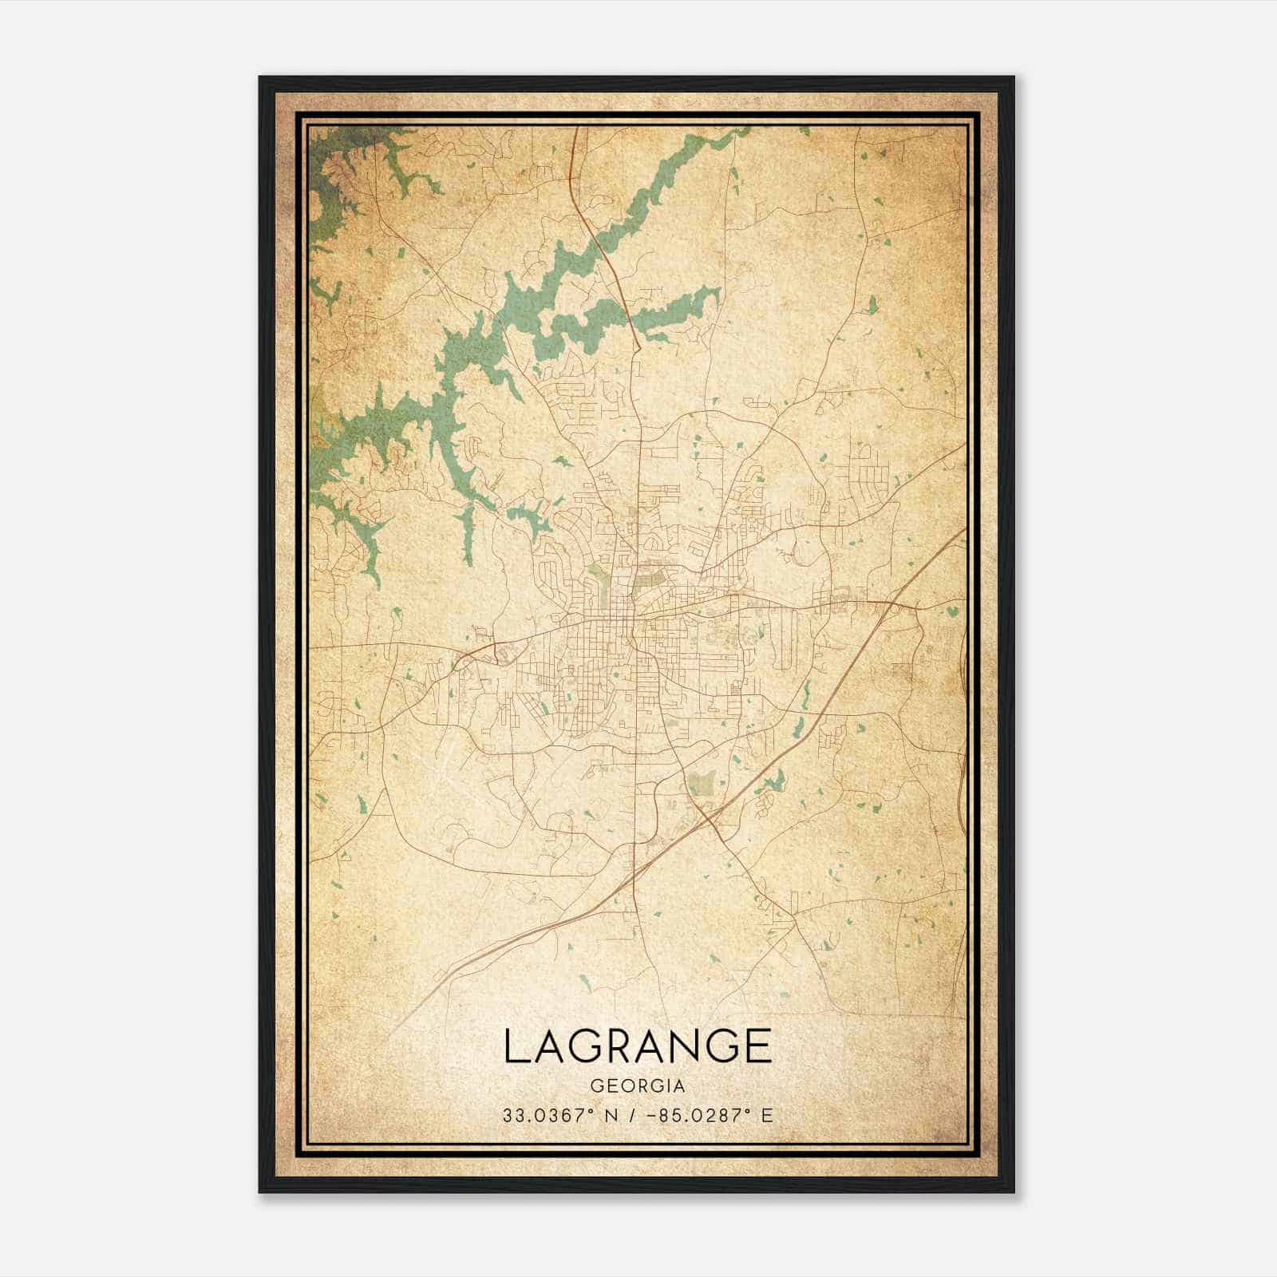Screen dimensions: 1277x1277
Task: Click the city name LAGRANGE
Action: point(638,1046)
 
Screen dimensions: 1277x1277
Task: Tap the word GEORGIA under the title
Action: point(638,1086)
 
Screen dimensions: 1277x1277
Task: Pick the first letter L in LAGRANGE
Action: point(515,1046)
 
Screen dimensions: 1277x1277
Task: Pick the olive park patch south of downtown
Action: point(702,783)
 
